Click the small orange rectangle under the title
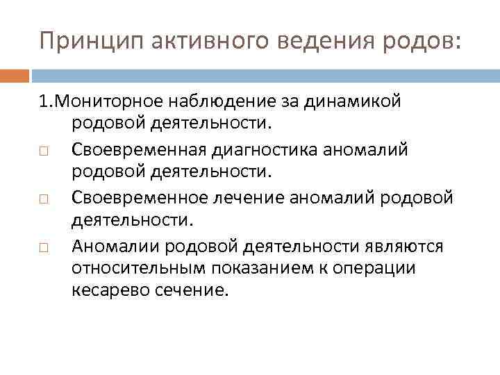(x=14, y=74)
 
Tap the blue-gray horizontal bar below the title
(x=265, y=74)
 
